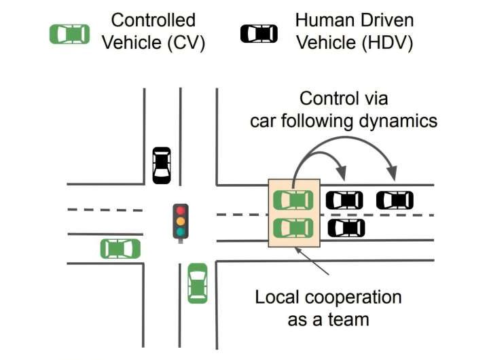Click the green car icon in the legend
70,34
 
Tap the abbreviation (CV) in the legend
183,44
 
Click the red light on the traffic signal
180,210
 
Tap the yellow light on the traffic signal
180,221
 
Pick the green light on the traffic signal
180,232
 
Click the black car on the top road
162,165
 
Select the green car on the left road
120,249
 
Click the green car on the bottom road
197,283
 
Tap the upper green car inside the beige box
293,200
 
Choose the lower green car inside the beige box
293,227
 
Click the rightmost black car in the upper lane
395,200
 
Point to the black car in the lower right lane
346,228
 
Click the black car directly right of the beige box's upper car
344,200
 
